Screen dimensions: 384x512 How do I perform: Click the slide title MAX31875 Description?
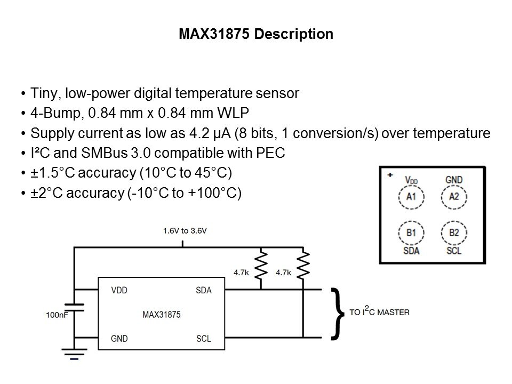256,35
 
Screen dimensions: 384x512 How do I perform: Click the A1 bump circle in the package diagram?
410,197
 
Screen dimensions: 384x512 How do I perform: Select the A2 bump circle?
453,197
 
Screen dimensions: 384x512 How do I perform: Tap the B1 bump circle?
410,233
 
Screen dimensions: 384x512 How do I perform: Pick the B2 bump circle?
453,233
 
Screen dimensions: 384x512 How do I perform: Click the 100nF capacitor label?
57,315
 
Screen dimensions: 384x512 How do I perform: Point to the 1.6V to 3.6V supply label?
184,231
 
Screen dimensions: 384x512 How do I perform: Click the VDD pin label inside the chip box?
119,291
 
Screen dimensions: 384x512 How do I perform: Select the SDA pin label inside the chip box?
203,291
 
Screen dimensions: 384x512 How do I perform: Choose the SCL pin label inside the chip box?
203,338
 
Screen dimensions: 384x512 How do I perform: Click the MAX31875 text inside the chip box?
161,315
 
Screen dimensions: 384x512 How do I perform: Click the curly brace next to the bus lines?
338,314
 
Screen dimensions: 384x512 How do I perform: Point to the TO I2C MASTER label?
379,311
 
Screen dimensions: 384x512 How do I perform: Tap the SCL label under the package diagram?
453,251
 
